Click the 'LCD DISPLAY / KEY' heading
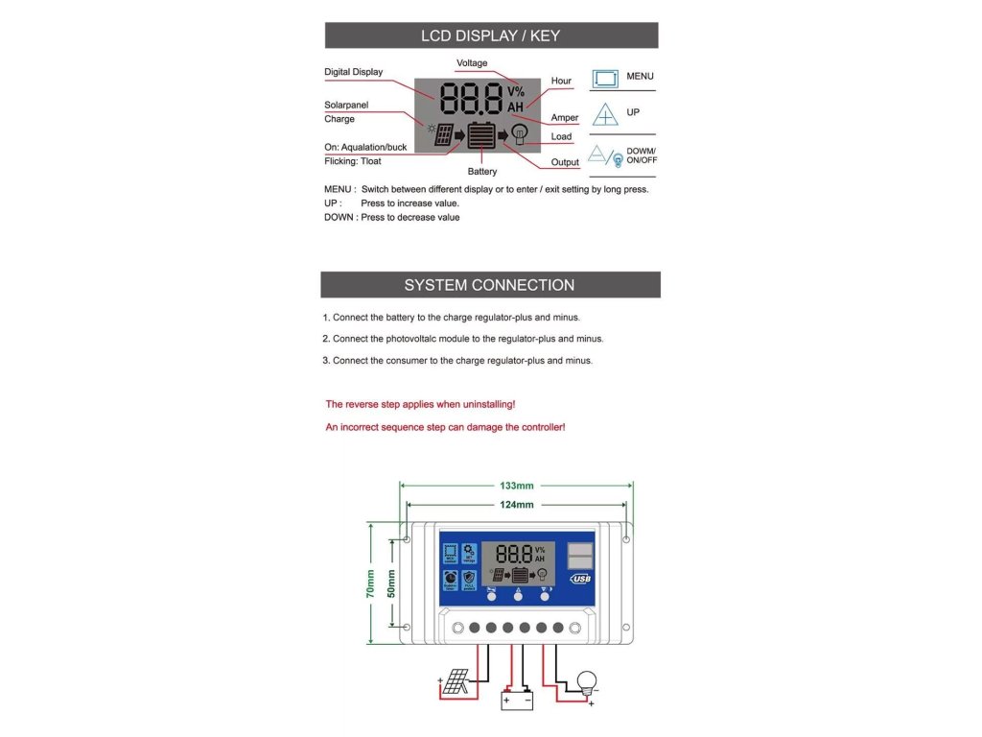491,36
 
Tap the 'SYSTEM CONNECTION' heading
489,285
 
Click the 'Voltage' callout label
472,63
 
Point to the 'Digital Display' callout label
353,72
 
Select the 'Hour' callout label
561,81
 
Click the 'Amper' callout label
565,118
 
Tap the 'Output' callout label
565,162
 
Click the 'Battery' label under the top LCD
482,172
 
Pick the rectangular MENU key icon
605,79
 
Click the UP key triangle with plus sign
605,115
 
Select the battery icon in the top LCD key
481,135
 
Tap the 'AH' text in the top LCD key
516,107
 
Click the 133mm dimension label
516,486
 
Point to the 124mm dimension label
516,505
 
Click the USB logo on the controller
580,579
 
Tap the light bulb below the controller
585,683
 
